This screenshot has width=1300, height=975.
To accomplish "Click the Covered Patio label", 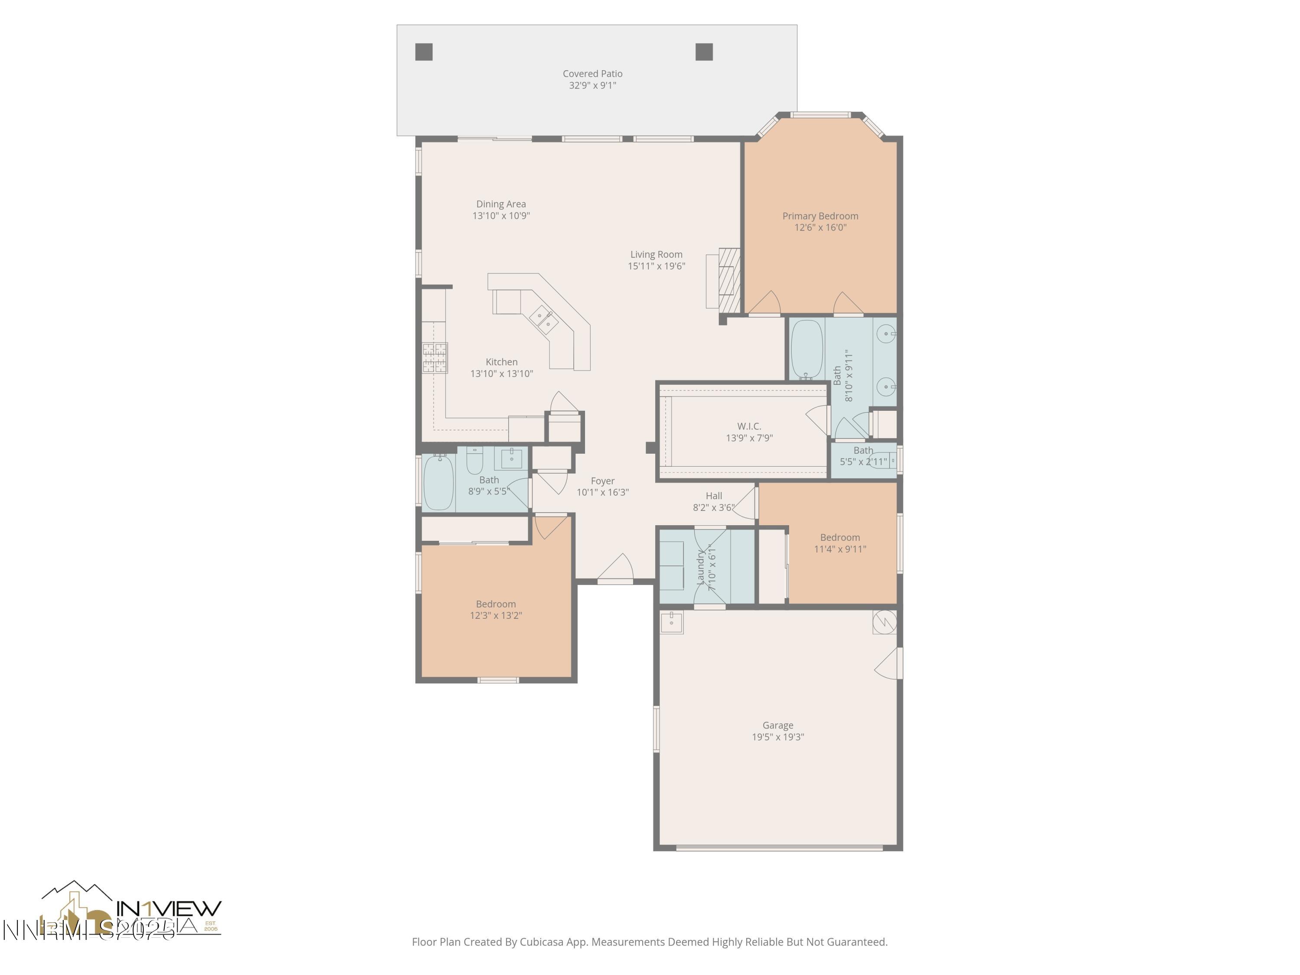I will pos(592,74).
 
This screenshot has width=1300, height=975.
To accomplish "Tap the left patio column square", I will pos(424,52).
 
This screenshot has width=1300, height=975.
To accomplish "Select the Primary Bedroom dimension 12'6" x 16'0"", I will pos(820,227).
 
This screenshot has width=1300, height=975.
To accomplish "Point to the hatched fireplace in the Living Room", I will pos(729,280).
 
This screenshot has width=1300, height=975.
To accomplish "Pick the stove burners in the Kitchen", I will pos(435,357).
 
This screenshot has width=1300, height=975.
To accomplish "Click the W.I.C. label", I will pos(749,426).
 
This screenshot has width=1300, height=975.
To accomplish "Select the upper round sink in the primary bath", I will pos(886,334).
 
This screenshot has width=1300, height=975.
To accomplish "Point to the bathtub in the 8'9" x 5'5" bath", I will pos(439,482).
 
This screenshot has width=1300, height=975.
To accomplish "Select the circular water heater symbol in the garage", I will pos(884,622).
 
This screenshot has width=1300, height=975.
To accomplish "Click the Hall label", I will pos(713,495).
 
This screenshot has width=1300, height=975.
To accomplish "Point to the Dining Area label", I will pos(501,204).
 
